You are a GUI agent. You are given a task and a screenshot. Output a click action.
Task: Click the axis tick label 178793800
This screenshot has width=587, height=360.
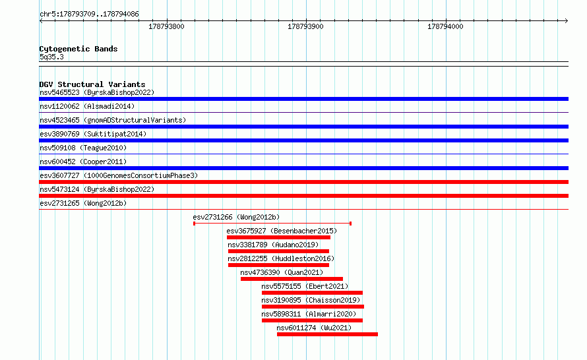(166, 26)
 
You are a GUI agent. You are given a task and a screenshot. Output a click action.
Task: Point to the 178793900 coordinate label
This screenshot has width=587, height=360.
(305, 26)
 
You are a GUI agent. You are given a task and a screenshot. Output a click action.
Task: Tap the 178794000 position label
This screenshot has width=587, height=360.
(445, 26)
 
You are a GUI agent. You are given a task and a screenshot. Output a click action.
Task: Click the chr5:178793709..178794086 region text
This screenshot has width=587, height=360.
(89, 15)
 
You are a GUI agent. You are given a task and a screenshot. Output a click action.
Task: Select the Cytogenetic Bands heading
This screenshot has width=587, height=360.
(78, 49)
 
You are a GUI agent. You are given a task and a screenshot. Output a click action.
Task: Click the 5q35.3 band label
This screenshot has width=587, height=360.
(51, 57)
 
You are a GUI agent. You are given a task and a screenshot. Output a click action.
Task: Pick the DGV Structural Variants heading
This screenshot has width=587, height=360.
(92, 84)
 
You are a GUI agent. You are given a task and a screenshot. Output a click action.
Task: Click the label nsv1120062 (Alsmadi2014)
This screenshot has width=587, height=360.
(87, 106)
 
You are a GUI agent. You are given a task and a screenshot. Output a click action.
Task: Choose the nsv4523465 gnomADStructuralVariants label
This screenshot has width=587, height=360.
(113, 120)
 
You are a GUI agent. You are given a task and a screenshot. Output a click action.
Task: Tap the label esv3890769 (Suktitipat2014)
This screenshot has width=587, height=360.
(93, 134)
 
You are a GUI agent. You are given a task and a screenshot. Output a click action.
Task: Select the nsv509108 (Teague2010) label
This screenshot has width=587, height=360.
(83, 148)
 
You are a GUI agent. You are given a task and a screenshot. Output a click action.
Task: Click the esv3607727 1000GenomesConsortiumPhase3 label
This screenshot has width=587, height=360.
(119, 175)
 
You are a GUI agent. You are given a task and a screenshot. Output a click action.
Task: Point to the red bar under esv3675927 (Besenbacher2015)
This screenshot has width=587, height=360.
(278, 237)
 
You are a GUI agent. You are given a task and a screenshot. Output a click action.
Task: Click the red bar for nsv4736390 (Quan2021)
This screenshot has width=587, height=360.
(292, 279)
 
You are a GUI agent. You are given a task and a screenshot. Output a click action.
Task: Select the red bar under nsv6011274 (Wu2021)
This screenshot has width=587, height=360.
(327, 334)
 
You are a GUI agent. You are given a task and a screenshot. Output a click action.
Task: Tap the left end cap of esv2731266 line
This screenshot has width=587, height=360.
(194, 224)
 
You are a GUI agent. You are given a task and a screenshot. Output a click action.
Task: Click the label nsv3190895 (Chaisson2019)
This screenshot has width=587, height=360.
(311, 300)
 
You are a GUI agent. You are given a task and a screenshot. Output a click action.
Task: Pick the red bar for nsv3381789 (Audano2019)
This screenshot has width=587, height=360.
(278, 251)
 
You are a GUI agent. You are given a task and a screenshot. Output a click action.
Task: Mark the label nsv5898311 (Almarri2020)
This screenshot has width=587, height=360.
(309, 314)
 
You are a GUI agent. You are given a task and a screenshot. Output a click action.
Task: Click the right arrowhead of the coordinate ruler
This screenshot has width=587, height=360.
(567, 20)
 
